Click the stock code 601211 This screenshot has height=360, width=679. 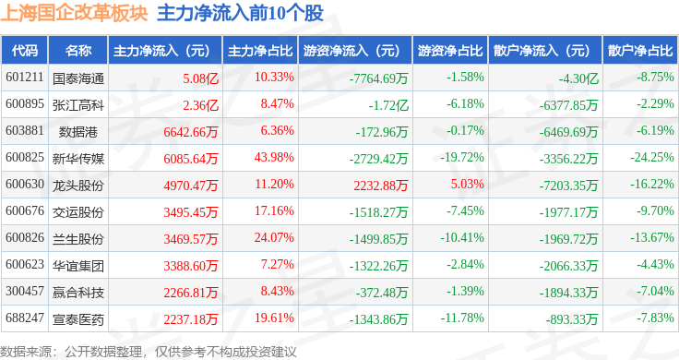pyautogui.click(x=25, y=78)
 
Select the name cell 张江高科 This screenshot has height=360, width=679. pyautogui.click(x=78, y=105)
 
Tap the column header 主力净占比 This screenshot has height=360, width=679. pyautogui.click(x=260, y=51)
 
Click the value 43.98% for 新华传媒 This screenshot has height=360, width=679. pyautogui.click(x=274, y=157)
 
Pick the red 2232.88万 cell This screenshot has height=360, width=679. pyautogui.click(x=381, y=186)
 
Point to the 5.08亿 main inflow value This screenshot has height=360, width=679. pyautogui.click(x=200, y=78)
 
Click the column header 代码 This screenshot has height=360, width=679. pyautogui.click(x=25, y=51)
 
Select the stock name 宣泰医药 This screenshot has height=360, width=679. pyautogui.click(x=78, y=319)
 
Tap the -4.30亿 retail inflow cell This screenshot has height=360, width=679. pyautogui.click(x=578, y=78)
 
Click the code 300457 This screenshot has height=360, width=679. pyautogui.click(x=25, y=291)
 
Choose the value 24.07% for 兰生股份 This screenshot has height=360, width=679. pyautogui.click(x=274, y=237)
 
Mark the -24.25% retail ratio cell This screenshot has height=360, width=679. pyautogui.click(x=651, y=157)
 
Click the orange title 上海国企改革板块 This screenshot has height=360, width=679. pyautogui.click(x=74, y=13)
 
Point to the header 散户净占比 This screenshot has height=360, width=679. pyautogui.click(x=640, y=51)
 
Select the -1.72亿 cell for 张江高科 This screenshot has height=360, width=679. pyautogui.click(x=388, y=105)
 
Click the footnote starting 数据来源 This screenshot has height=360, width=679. pyautogui.click(x=149, y=352)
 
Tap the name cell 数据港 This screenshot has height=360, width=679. pyautogui.click(x=78, y=132)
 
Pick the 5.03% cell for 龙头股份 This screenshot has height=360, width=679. pyautogui.click(x=467, y=184)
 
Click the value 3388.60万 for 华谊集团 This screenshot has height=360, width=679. pyautogui.click(x=191, y=266)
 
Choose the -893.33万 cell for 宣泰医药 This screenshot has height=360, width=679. pyautogui.click(x=572, y=319)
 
